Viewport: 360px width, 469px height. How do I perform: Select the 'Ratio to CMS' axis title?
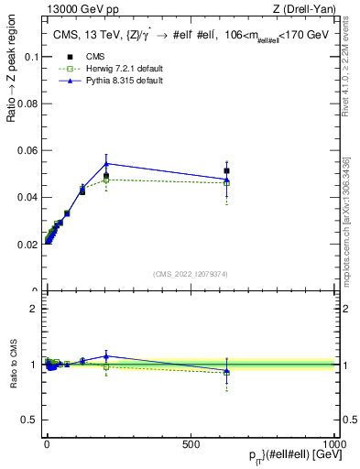11,365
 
